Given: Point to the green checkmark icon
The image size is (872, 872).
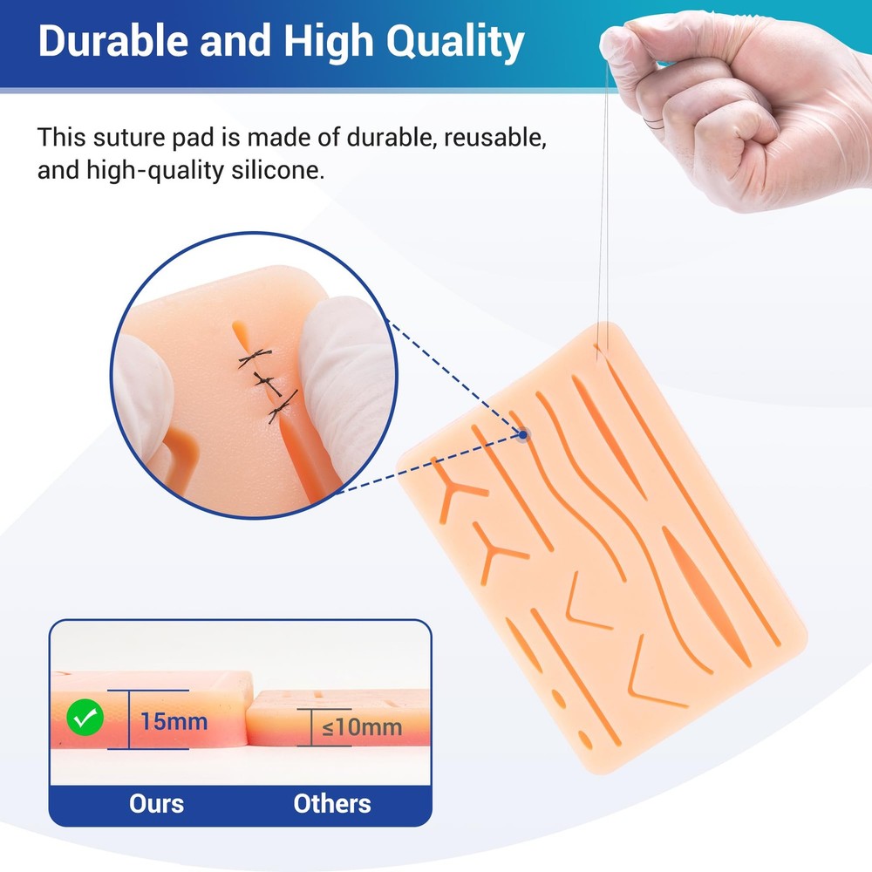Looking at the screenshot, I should coord(86,719).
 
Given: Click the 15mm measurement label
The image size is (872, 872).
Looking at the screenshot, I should coord(174,722).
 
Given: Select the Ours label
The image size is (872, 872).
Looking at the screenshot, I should coord(156,802).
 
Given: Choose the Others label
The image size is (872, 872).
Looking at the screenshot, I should coord(331,802).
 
